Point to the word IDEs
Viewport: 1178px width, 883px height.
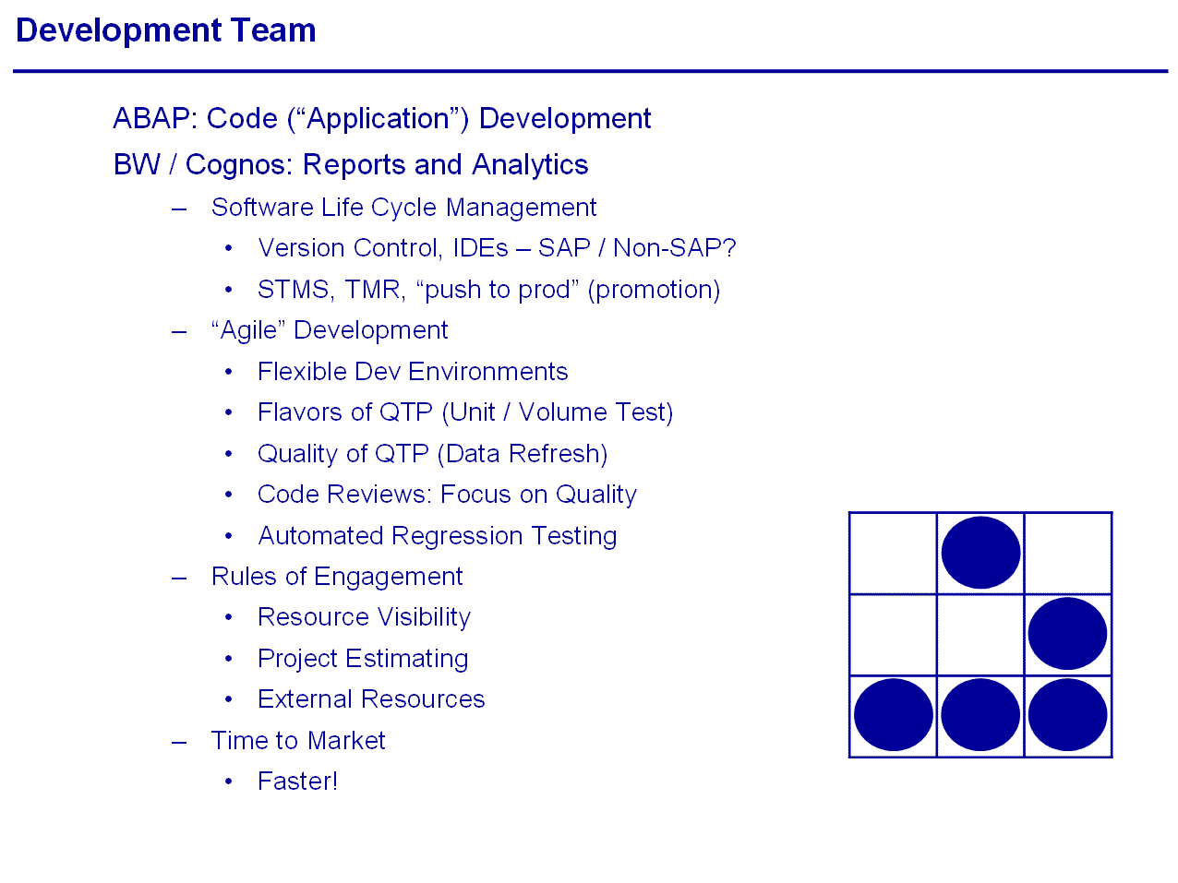pyautogui.click(x=480, y=247)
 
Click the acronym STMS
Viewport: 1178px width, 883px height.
pyautogui.click(x=295, y=290)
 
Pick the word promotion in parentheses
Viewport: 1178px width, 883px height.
pyautogui.click(x=653, y=290)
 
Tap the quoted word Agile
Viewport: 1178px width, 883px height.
pyautogui.click(x=248, y=330)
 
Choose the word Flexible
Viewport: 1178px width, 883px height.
pyautogui.click(x=302, y=371)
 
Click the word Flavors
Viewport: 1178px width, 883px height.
pyautogui.click(x=299, y=412)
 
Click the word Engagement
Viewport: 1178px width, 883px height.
pyautogui.click(x=388, y=577)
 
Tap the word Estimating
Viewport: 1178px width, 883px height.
pyautogui.click(x=406, y=659)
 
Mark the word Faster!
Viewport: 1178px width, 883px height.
pyautogui.click(x=297, y=781)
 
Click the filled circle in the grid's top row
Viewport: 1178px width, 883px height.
pyautogui.click(x=980, y=552)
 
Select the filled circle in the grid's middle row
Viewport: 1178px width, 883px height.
pyautogui.click(x=1067, y=633)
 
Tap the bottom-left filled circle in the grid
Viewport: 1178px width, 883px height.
pyautogui.click(x=893, y=714)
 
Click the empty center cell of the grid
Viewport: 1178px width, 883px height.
pyautogui.click(x=980, y=634)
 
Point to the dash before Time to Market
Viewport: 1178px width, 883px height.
pyautogui.click(x=179, y=743)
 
